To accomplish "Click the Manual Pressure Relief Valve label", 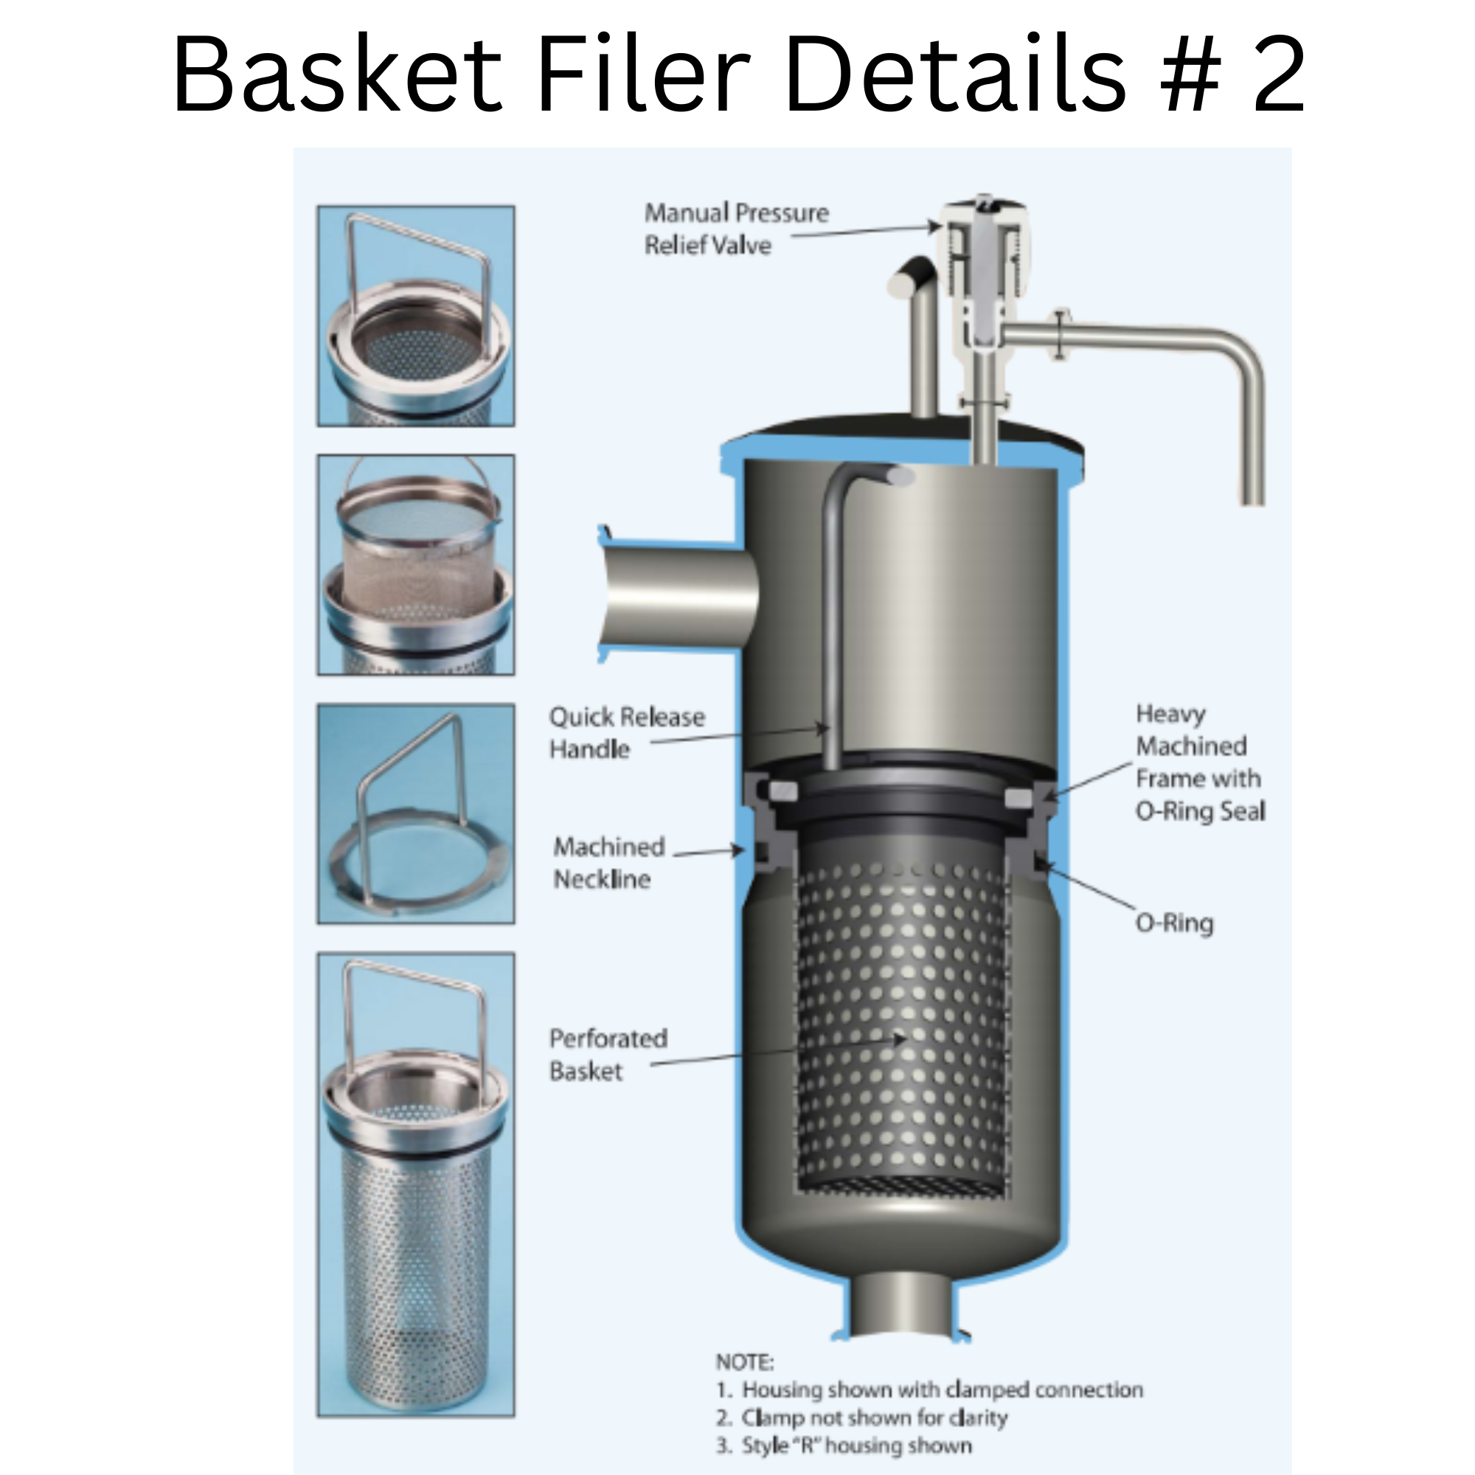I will coord(735,229).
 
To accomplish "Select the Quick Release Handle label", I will coord(627,732).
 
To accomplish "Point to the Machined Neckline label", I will coord(608,862).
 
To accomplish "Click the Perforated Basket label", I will coord(608,1055).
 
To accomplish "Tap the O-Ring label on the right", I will coord(1174,923).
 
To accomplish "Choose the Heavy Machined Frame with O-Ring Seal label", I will coord(1198,762).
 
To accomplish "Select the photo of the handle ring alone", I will coord(416,814).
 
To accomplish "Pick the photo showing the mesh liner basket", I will coord(416,565).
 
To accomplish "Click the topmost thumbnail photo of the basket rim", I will coord(416,316).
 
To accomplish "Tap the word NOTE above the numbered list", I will coord(744,1362).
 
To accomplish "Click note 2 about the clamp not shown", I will coord(862,1417).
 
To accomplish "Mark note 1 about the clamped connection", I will coord(929,1389).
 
